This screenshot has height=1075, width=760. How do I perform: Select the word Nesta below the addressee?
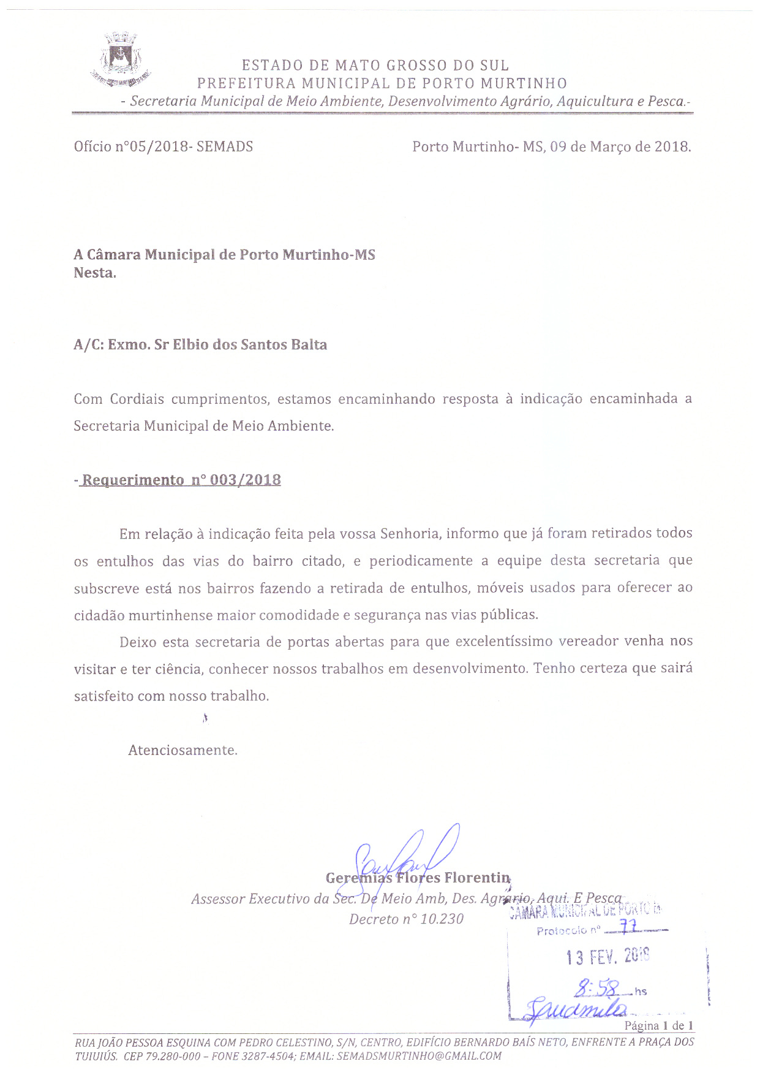pyautogui.click(x=95, y=273)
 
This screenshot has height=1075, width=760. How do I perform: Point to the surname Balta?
pyautogui.click(x=309, y=344)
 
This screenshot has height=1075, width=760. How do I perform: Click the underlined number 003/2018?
pyautogui.click(x=245, y=480)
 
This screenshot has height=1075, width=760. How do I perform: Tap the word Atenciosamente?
pyautogui.click(x=182, y=750)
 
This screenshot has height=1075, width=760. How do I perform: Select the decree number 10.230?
pyautogui.click(x=442, y=919)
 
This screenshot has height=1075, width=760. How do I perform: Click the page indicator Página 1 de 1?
pyautogui.click(x=658, y=1026)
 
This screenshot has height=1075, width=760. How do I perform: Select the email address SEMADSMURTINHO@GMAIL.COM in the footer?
pyautogui.click(x=419, y=1056)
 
